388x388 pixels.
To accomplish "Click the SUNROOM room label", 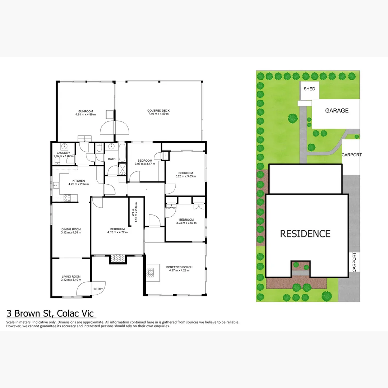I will (x=86, y=111).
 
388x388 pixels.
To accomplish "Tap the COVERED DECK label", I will (x=158, y=111).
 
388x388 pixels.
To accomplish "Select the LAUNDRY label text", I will (x=58, y=153).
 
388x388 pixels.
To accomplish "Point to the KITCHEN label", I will (x=79, y=181).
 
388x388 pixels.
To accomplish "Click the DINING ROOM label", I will (x=71, y=229).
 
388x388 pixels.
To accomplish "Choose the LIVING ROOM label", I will (x=71, y=277).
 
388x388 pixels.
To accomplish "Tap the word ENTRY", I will (x=98, y=289).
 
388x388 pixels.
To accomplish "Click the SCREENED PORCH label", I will (x=179, y=267).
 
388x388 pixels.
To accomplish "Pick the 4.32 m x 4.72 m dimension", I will (x=117, y=232).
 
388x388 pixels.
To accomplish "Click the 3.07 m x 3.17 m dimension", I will (x=145, y=164).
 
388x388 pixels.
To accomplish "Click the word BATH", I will (x=111, y=159).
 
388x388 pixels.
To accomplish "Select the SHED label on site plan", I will (x=309, y=89).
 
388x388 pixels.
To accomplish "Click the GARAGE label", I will (x=337, y=111).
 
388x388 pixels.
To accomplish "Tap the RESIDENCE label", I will (x=305, y=234).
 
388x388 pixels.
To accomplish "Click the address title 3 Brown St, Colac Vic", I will (x=51, y=313).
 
